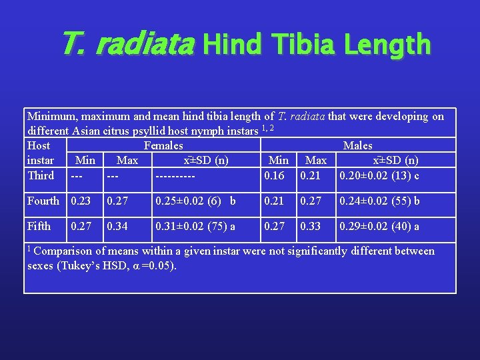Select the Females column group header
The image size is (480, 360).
coord(163,145)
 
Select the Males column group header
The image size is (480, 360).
coord(357,145)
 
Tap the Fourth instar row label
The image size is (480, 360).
coord(43,201)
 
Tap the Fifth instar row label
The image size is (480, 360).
coord(39,226)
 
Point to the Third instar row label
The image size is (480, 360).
coord(41,175)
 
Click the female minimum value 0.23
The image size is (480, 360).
coord(81,201)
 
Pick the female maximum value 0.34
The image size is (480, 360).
coord(118,226)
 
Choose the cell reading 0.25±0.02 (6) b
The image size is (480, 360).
coord(195,201)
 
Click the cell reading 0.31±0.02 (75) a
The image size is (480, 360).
coord(195,226)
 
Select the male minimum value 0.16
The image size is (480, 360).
coord(274,175)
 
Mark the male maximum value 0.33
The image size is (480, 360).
coord(311,226)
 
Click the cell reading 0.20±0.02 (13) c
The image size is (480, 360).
coord(379,175)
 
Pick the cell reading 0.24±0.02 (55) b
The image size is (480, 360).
coord(379,201)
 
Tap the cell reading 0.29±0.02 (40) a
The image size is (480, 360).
coord(379,226)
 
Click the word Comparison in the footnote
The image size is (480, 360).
coord(65,251)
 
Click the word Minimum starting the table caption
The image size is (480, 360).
coord(52,116)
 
